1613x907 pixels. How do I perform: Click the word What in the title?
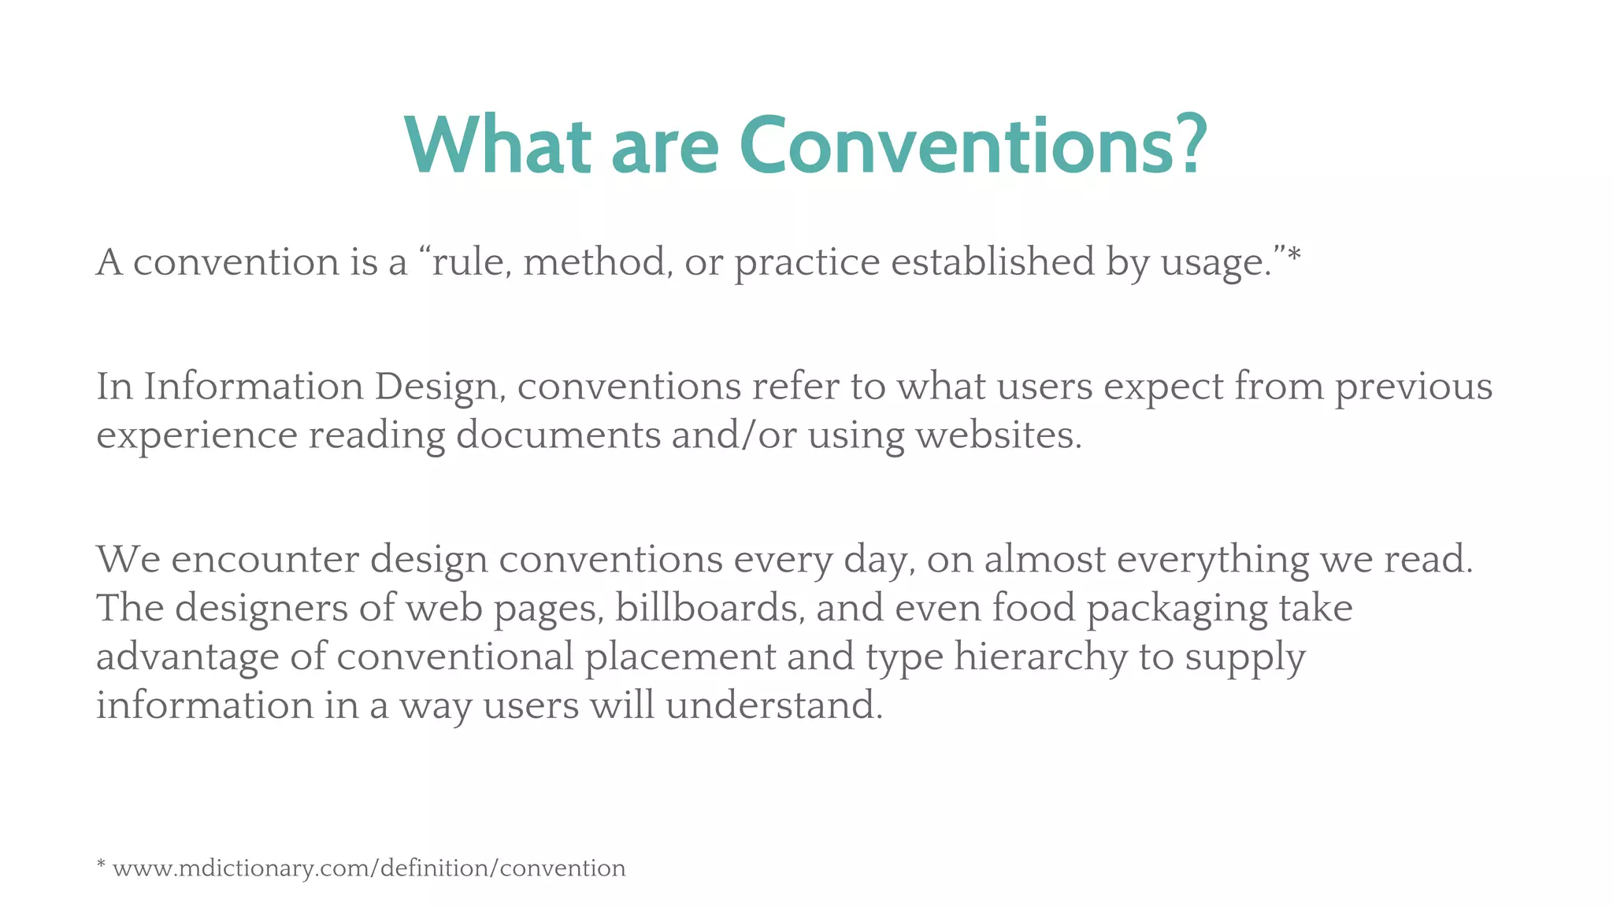click(497, 146)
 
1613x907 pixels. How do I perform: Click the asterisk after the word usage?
click(1293, 256)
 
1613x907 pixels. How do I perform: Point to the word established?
click(992, 262)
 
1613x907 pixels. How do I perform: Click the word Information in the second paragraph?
click(254, 387)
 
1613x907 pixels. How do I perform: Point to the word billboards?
click(709, 609)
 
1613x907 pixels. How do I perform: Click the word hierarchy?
click(1040, 657)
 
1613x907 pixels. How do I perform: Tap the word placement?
click(680, 657)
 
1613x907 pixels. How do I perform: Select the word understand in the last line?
click(773, 705)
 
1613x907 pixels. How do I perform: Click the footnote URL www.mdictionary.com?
click(369, 868)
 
